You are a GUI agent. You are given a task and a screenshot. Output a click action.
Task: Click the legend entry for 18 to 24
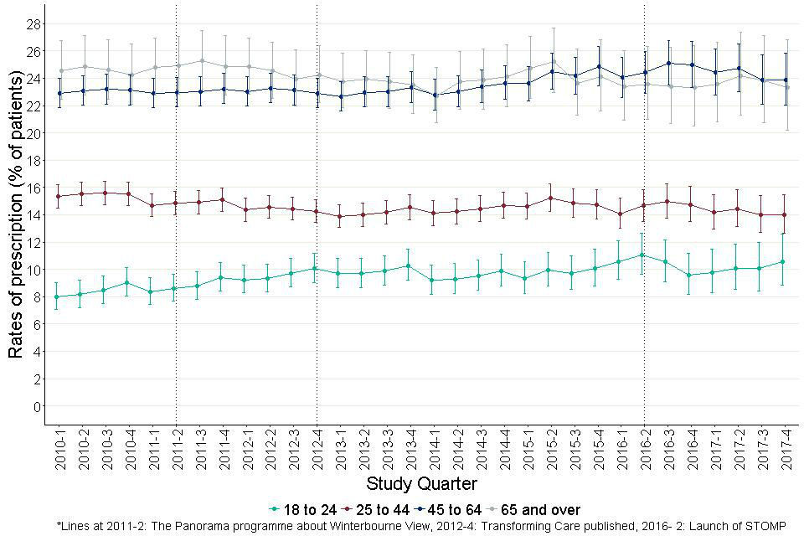(x=301, y=509)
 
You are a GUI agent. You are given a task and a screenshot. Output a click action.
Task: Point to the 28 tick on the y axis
(x=33, y=23)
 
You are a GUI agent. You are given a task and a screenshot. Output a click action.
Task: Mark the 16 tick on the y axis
(x=33, y=188)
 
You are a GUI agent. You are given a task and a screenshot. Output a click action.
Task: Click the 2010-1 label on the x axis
(x=59, y=449)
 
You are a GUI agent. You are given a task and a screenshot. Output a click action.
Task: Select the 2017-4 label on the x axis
(x=786, y=449)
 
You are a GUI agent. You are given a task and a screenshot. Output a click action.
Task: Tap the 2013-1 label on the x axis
(x=341, y=449)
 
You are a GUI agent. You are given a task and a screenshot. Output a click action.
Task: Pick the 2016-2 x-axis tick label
(x=645, y=449)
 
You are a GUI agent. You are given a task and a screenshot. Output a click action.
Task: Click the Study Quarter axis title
(x=422, y=484)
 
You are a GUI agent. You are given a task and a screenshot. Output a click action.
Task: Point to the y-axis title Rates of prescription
(x=15, y=214)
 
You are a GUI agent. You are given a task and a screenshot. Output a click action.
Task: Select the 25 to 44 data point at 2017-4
(x=786, y=214)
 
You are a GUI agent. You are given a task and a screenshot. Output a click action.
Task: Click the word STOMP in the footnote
(x=765, y=526)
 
